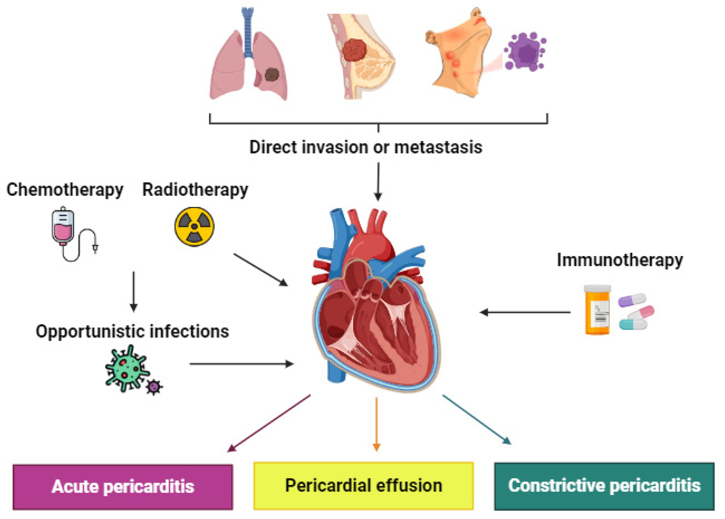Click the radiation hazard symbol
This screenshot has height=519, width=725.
194,227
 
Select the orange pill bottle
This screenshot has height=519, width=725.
597,310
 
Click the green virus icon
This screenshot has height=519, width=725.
126,368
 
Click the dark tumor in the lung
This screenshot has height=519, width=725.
272,74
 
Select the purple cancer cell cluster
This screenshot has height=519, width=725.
525,52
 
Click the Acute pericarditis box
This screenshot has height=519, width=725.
123,487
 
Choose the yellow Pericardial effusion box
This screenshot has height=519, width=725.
363,486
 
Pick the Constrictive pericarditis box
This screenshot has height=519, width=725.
604,486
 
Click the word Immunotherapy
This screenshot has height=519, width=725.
620,260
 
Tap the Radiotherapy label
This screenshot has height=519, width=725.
195,190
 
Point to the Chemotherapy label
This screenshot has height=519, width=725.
65,190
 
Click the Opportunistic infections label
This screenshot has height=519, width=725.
132,332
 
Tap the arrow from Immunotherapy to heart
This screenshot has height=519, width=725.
525,312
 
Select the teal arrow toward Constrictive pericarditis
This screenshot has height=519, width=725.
477,419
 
